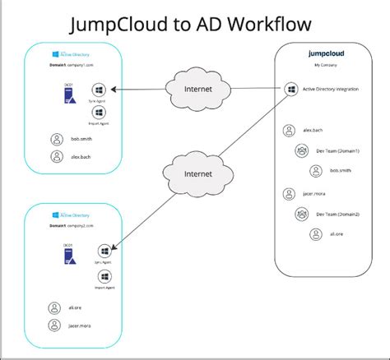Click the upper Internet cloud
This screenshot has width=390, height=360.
coord(191,90)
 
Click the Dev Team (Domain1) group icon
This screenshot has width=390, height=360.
coord(300,150)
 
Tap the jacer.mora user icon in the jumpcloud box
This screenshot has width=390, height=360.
coord(288,194)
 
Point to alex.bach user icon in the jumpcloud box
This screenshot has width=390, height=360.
coord(288,130)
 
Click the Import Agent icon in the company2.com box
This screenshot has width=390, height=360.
coord(104,276)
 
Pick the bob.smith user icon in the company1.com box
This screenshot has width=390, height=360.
coord(55,140)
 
